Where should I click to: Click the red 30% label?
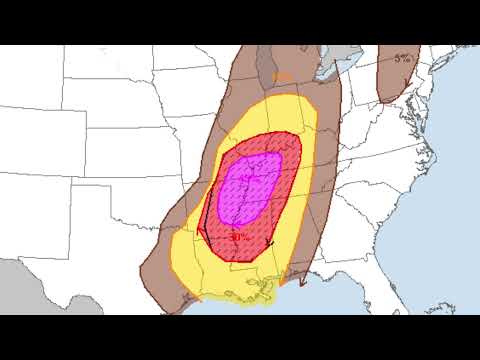pyautogui.click(x=238, y=237)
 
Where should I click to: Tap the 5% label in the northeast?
pyautogui.click(x=402, y=59)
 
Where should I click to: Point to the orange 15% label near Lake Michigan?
pyautogui.click(x=283, y=76)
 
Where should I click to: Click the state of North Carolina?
pyautogui.click(x=400, y=170)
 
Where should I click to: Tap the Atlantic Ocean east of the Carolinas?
pyautogui.click(x=450, y=200)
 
